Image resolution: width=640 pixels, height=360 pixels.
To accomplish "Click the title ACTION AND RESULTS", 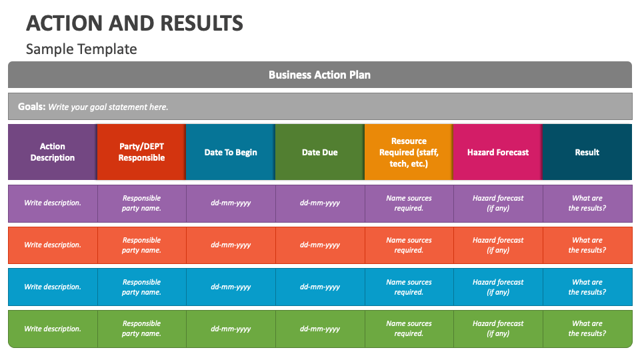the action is point(134,23).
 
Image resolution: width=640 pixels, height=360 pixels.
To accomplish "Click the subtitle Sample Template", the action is point(81,49).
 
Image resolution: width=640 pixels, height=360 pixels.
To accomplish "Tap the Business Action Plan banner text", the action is point(319,75).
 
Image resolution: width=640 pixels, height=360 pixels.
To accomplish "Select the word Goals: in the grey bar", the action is point(31,107).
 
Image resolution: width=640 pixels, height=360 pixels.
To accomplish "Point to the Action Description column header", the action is point(53,152).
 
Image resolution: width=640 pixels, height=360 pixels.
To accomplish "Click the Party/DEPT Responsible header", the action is point(141,152).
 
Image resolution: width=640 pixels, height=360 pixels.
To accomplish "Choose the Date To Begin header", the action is point(231,152).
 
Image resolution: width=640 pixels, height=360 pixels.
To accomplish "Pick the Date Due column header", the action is point(320,152).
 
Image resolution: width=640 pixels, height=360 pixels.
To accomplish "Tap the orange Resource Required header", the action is point(409,152).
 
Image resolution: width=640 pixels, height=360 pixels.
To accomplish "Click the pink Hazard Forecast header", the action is point(498,152).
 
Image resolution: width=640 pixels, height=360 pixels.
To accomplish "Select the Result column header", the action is point(587,152).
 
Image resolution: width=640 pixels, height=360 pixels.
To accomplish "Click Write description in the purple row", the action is point(53,203).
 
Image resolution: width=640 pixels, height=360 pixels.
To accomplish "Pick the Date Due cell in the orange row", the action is point(320,245).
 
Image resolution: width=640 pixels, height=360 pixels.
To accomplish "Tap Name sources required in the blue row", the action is point(409,287).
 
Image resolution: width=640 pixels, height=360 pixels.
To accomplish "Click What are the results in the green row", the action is point(587,329).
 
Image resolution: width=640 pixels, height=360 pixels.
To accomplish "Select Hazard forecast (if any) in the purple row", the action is point(498,203).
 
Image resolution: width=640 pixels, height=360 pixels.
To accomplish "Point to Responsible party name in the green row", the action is point(141,329).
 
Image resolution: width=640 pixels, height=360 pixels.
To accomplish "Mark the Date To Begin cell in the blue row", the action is point(231,287).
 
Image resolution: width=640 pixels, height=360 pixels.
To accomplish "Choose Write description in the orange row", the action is point(53,245).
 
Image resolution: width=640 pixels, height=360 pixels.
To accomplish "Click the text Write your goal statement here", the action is point(108,107).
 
